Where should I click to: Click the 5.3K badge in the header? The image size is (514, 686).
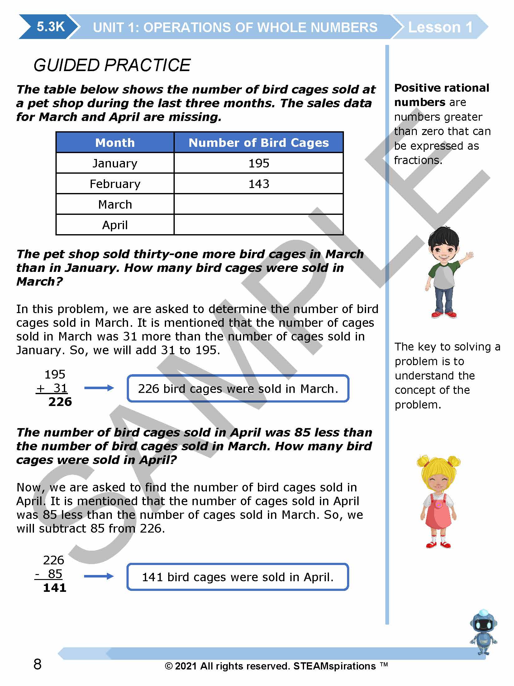50,27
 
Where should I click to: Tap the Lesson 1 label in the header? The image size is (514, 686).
440,27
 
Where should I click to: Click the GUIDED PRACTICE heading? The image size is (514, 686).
112,65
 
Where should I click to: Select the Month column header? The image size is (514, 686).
115,143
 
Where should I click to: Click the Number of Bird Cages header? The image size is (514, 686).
259,143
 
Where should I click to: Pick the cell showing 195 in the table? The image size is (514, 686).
259,163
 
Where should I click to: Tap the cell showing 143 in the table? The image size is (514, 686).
259,184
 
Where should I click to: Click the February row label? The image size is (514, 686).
115,184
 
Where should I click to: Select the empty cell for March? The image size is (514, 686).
259,204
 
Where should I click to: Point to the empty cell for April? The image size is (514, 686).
259,225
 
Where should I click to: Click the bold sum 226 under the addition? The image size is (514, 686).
60,402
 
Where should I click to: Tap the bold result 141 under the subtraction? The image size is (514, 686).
55,587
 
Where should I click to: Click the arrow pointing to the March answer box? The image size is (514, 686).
99,388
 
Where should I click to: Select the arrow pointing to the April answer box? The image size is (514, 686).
99,576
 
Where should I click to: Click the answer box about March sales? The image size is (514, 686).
238,389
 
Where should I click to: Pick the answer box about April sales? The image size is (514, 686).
238,577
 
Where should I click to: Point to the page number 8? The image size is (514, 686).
37,664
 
